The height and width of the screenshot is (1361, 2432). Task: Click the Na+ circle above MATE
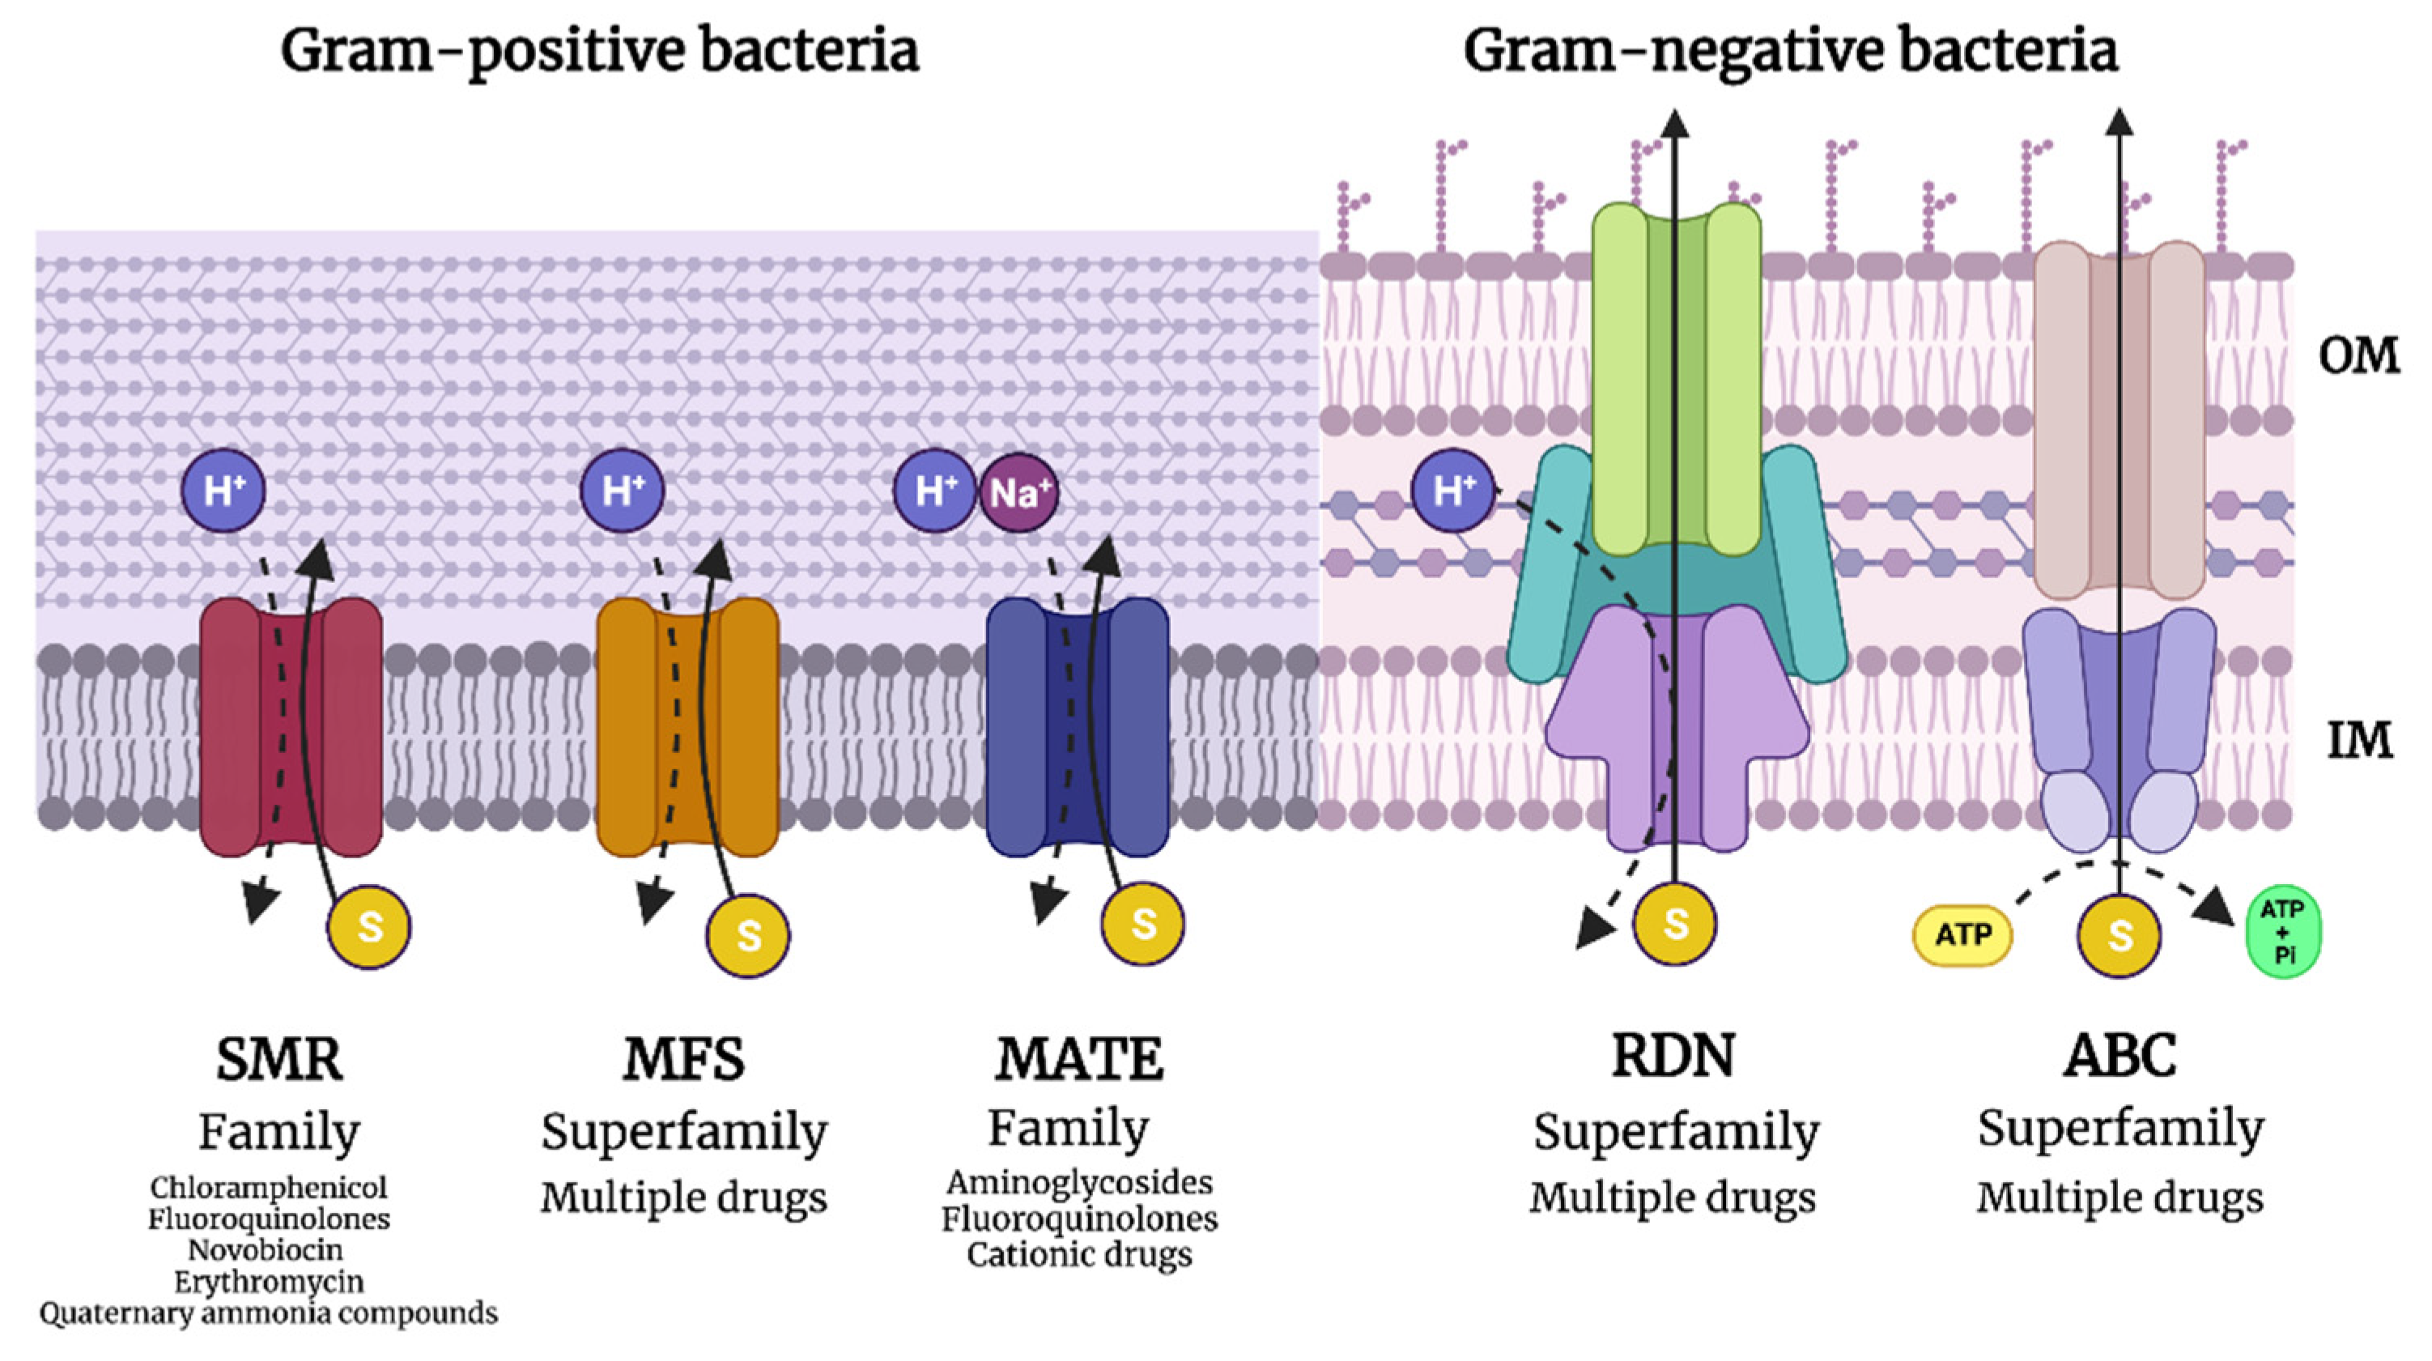[x=1018, y=492]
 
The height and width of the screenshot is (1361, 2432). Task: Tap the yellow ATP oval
[x=1962, y=935]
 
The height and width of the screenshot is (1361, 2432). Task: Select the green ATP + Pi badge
[x=2283, y=931]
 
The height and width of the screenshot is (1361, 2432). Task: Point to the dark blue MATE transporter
[x=1015, y=727]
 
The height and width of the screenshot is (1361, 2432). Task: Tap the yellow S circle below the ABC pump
[x=2119, y=935]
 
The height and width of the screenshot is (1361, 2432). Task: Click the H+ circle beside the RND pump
[x=1452, y=490]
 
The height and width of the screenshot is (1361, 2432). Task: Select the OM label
[x=2358, y=356]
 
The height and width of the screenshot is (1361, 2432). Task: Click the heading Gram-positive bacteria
[x=600, y=51]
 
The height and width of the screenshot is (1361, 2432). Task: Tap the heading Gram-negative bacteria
[x=1790, y=51]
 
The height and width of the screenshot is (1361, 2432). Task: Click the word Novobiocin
[x=266, y=1249]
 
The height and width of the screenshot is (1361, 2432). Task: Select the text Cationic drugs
[x=1079, y=1254]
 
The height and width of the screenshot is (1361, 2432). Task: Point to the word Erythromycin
[x=268, y=1282]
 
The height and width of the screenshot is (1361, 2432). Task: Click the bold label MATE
[x=1078, y=1059]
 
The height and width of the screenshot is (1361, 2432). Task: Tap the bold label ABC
[x=2119, y=1055]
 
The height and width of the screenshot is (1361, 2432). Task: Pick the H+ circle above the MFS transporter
[x=621, y=490]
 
